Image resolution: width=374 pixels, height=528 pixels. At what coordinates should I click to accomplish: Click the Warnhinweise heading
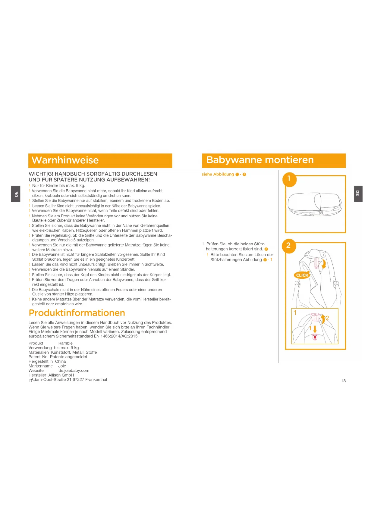point(65,160)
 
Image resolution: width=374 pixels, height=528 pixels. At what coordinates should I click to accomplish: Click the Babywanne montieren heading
point(260,160)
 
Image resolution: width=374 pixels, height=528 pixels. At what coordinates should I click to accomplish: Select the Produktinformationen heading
point(77,313)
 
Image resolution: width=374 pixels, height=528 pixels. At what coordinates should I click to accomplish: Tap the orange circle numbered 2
point(289,246)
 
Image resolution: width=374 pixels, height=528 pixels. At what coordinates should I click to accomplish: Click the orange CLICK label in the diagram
point(302,275)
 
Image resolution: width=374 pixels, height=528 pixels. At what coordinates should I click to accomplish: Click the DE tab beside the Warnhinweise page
point(16,194)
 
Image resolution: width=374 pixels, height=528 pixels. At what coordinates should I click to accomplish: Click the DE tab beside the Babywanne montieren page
point(358,194)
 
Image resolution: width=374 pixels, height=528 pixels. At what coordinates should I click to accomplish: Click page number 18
point(344,381)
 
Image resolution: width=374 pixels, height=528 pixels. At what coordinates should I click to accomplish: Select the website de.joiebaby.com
point(74,371)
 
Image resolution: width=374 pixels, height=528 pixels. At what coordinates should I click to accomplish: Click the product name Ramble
point(65,343)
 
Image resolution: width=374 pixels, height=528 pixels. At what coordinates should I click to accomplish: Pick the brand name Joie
point(62,366)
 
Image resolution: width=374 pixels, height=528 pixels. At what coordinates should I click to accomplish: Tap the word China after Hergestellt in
point(60,361)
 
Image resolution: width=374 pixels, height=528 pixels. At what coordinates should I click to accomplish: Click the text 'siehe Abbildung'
point(218,174)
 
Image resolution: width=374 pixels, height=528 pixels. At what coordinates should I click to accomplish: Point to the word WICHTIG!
point(41,174)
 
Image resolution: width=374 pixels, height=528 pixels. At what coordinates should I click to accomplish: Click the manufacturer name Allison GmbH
point(61,375)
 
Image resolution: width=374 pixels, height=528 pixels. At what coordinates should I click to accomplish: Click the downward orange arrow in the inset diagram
point(315,329)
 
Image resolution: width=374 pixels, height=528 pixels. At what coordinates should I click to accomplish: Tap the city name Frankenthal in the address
point(96,380)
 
